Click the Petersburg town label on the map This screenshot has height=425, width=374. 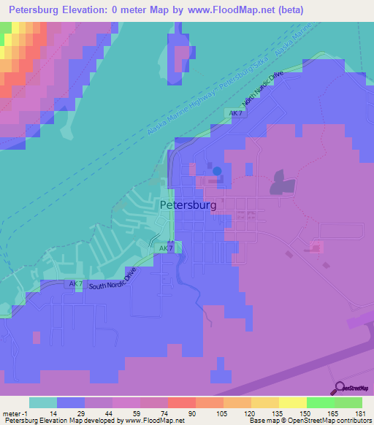188,205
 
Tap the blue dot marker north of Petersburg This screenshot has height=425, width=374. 218,172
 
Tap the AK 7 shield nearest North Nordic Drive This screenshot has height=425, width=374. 235,114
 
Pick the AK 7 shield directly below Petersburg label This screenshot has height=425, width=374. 164,249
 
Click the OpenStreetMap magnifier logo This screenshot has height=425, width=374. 338,388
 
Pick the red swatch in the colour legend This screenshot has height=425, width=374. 180,402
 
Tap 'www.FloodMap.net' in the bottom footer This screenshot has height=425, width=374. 153,421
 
